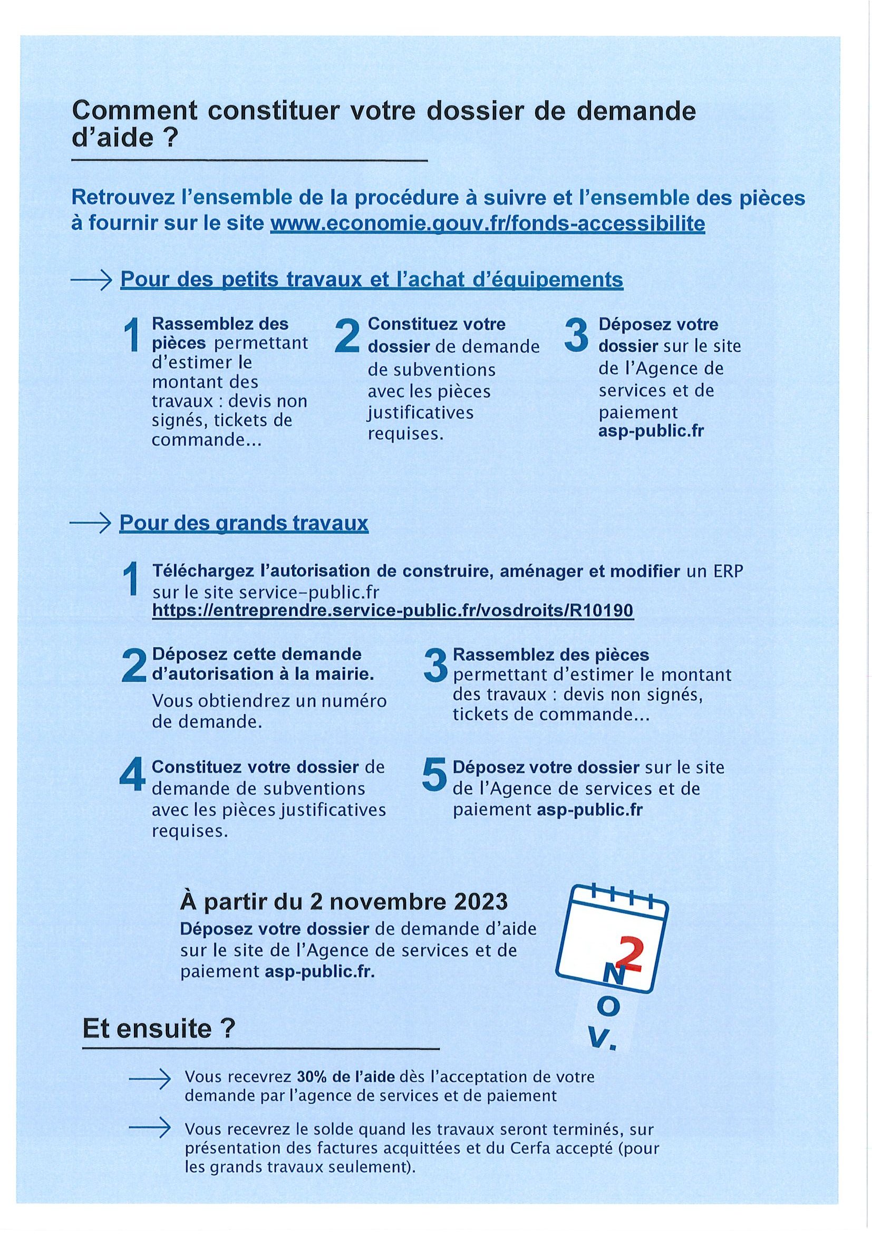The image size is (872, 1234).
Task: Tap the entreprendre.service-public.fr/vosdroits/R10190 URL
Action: [x=393, y=610]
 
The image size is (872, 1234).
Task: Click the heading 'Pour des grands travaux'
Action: [x=244, y=523]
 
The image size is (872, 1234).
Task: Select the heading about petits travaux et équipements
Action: [x=371, y=279]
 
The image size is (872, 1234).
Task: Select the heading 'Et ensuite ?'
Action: [x=159, y=1029]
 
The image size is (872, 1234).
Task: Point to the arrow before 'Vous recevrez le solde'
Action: [x=150, y=1129]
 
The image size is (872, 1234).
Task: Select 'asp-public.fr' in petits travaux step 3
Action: [x=651, y=431]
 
